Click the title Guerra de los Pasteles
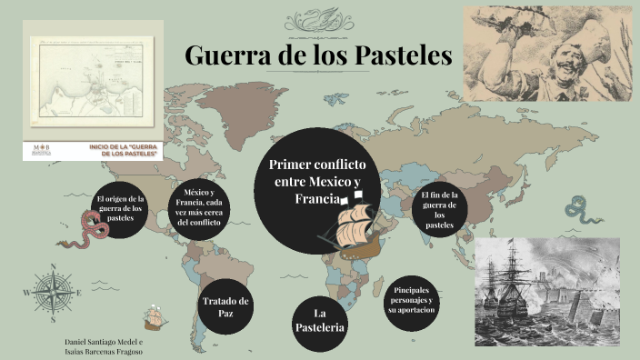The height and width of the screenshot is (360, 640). point(318,55)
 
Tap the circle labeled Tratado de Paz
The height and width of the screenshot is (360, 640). point(226,307)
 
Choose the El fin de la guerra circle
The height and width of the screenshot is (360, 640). point(439,210)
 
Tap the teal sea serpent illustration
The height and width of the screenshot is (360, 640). point(582,211)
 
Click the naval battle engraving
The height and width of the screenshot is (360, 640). point(547,292)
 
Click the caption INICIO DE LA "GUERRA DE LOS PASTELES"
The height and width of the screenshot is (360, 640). point(124,150)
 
